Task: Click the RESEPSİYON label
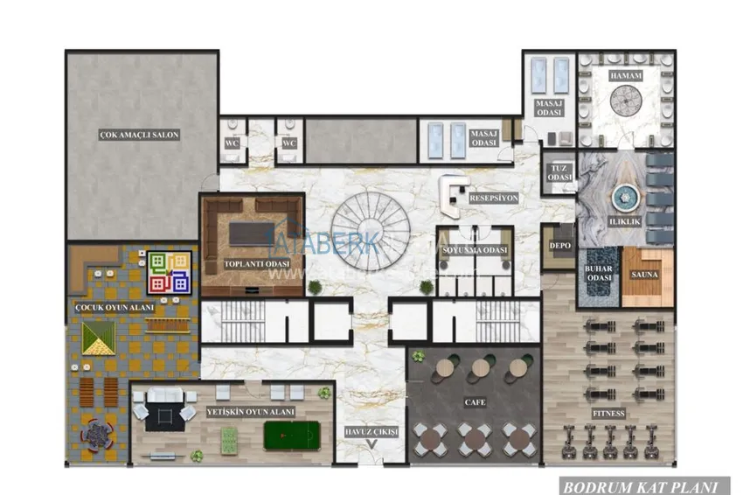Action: coord(494,199)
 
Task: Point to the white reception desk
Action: coord(453,198)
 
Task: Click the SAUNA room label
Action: coord(648,275)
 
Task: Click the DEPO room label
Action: coord(559,246)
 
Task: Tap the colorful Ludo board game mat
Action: coord(169,272)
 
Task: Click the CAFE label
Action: coord(475,403)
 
